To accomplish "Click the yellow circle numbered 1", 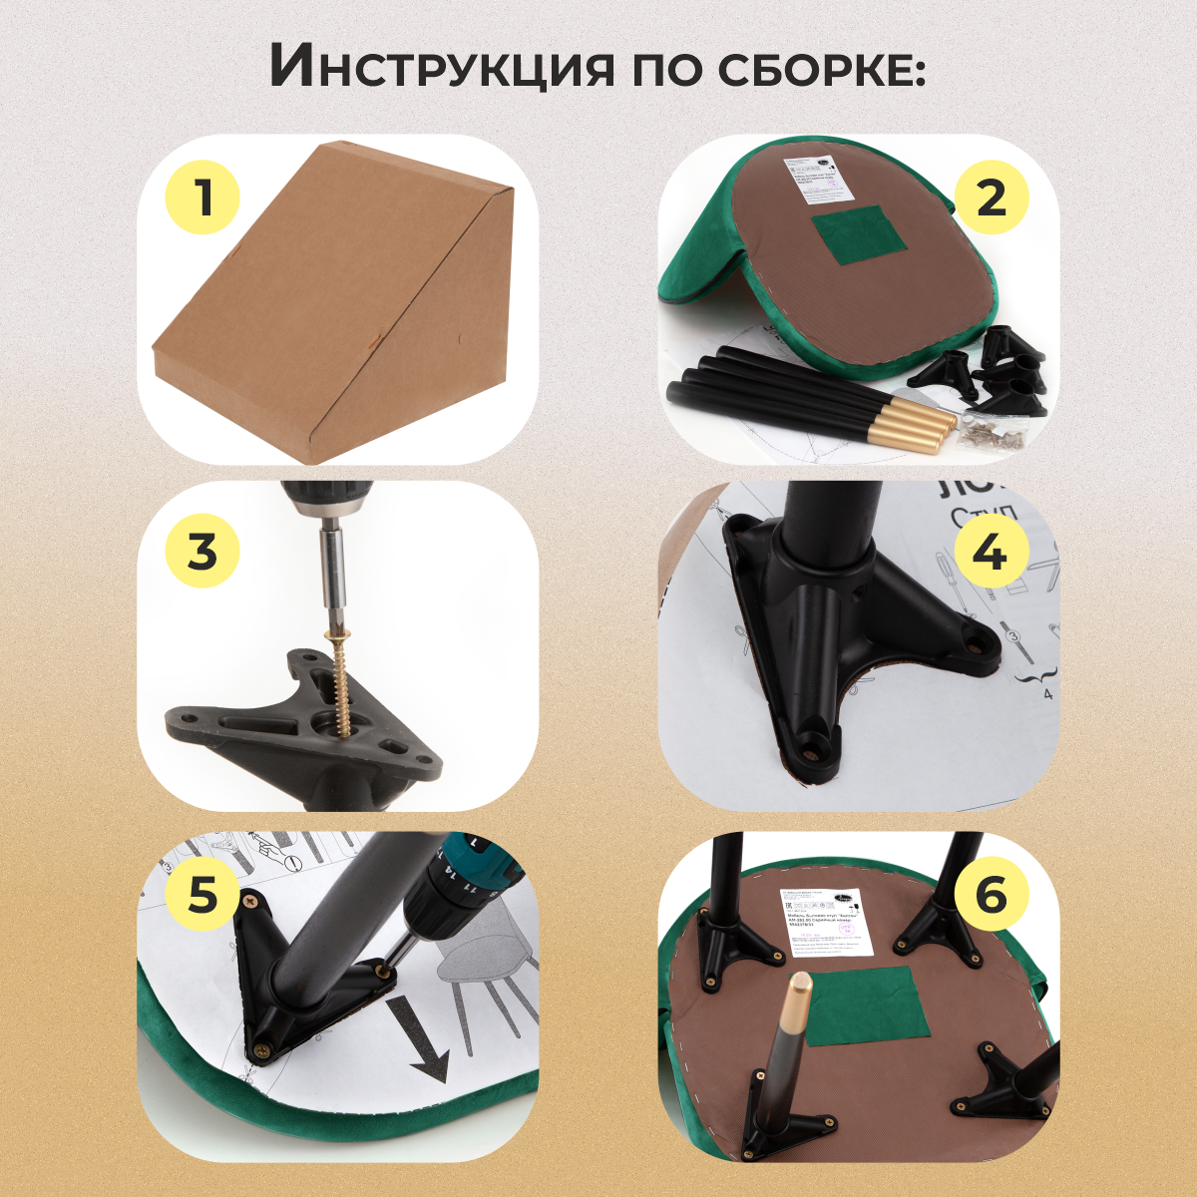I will pos(203,197).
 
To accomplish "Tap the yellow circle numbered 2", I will pos(991,197).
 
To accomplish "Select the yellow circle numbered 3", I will pos(202,550).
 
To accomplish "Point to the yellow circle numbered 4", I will pos(991,550).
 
